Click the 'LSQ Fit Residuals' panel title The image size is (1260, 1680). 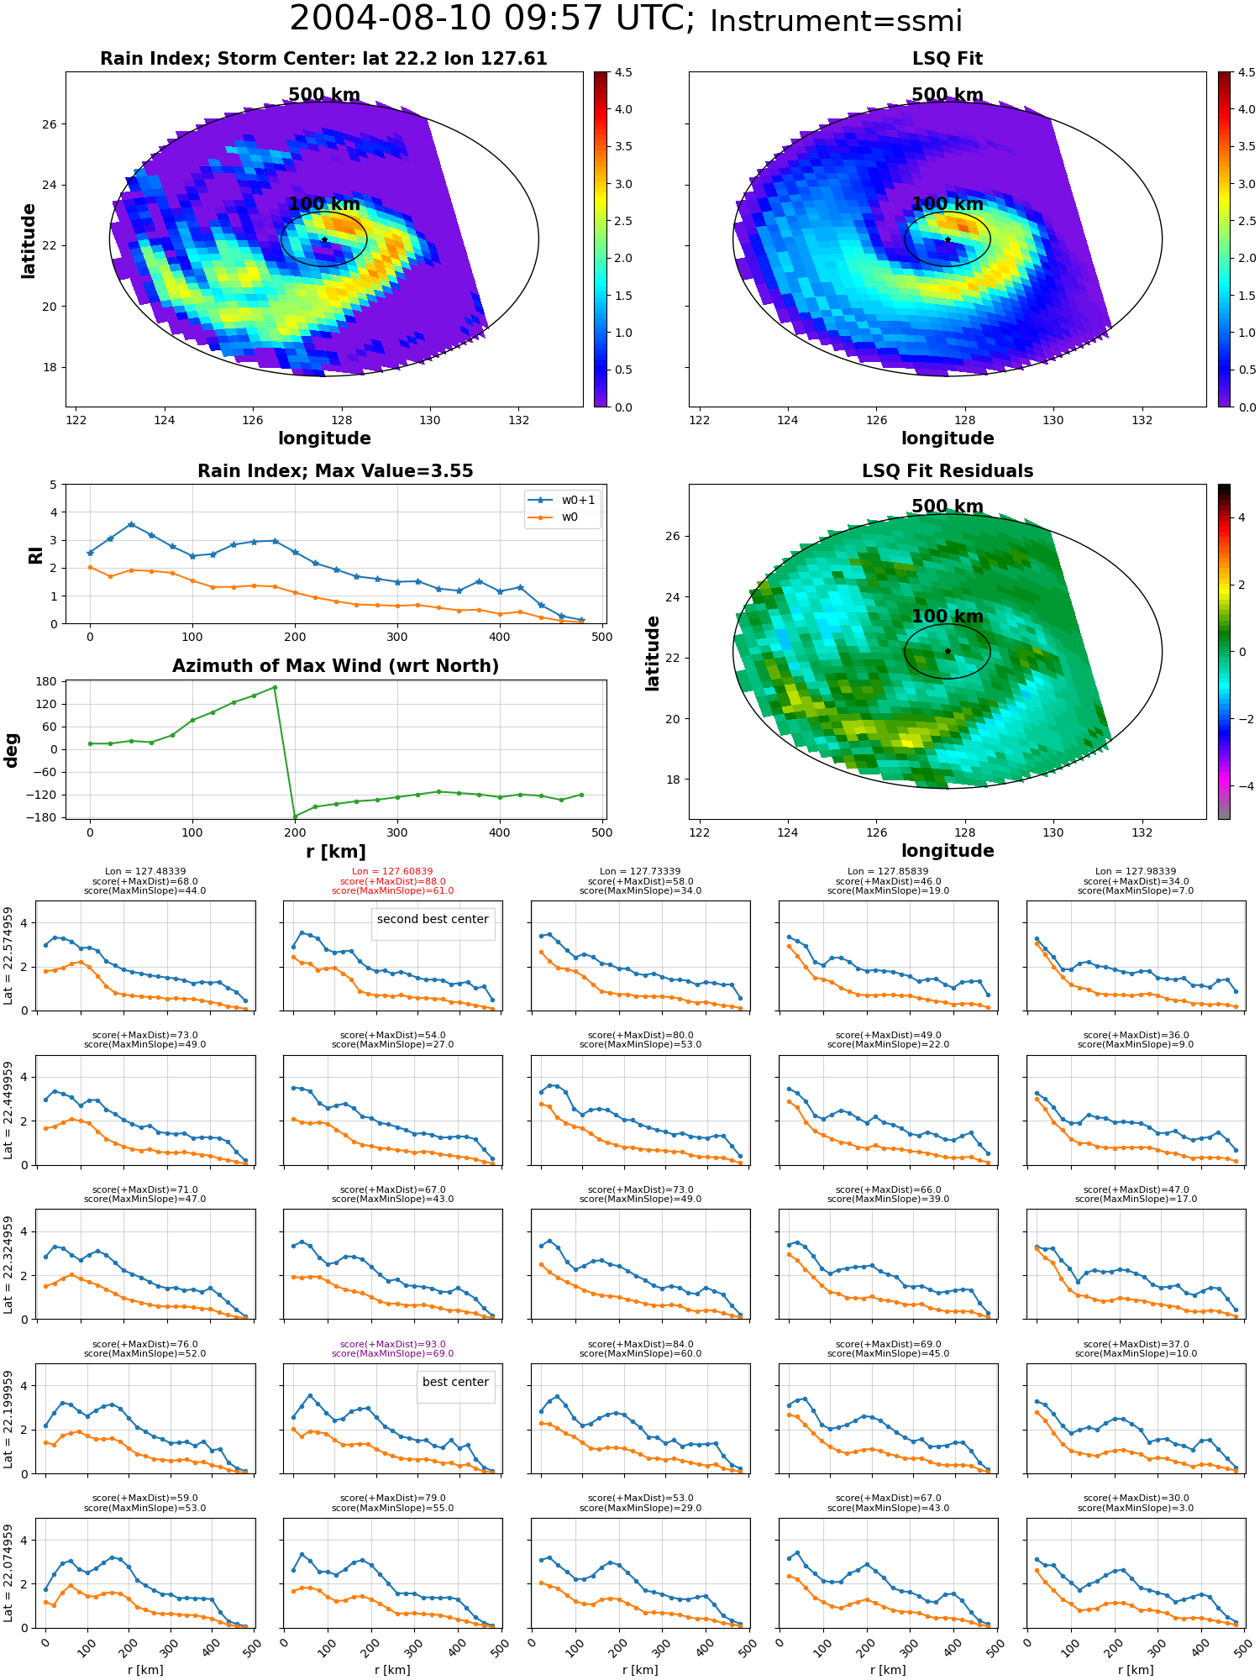click(x=948, y=471)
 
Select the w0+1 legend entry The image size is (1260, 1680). click(x=562, y=500)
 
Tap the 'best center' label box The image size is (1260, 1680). click(x=455, y=1382)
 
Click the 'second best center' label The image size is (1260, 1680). click(x=433, y=919)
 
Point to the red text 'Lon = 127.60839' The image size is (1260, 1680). click(x=393, y=872)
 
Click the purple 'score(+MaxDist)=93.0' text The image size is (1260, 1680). click(x=393, y=1344)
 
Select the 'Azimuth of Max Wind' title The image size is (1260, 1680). click(x=335, y=666)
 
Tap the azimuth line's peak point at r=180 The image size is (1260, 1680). click(x=275, y=687)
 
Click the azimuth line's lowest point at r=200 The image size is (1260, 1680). click(x=295, y=816)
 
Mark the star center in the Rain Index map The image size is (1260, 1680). click(x=324, y=239)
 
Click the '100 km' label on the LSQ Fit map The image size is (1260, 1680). click(x=948, y=204)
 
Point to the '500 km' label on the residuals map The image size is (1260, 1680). click(x=948, y=507)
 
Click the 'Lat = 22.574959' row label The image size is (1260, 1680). click(x=8, y=955)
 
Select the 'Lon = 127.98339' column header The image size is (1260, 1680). click(x=1136, y=872)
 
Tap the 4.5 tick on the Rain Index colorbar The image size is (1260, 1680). click(x=622, y=72)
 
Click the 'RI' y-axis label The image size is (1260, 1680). click(x=35, y=555)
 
